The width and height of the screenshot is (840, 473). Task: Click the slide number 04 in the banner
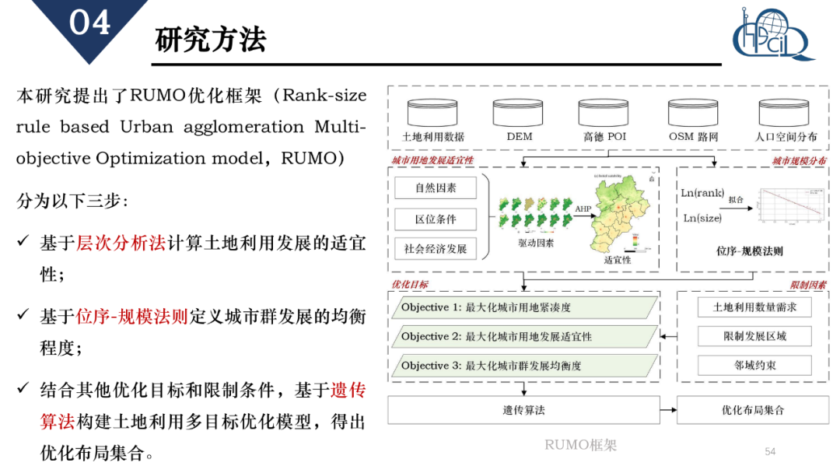pos(90,24)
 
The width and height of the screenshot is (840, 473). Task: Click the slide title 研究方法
pos(210,40)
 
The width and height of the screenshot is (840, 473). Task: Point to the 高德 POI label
pos(604,136)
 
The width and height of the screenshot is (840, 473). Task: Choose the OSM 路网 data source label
pos(693,136)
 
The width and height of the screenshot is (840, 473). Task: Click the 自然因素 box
pos(435,188)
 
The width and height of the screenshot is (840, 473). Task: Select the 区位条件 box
pos(435,219)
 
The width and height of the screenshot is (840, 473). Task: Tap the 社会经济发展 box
pos(435,249)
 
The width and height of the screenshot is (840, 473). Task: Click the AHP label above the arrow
pos(583,208)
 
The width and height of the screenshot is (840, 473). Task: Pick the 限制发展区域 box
pos(754,336)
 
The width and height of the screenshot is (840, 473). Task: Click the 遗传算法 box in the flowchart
pos(523,410)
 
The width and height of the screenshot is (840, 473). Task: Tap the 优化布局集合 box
pos(753,410)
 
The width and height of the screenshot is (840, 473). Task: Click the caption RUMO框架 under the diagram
pos(580,445)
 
